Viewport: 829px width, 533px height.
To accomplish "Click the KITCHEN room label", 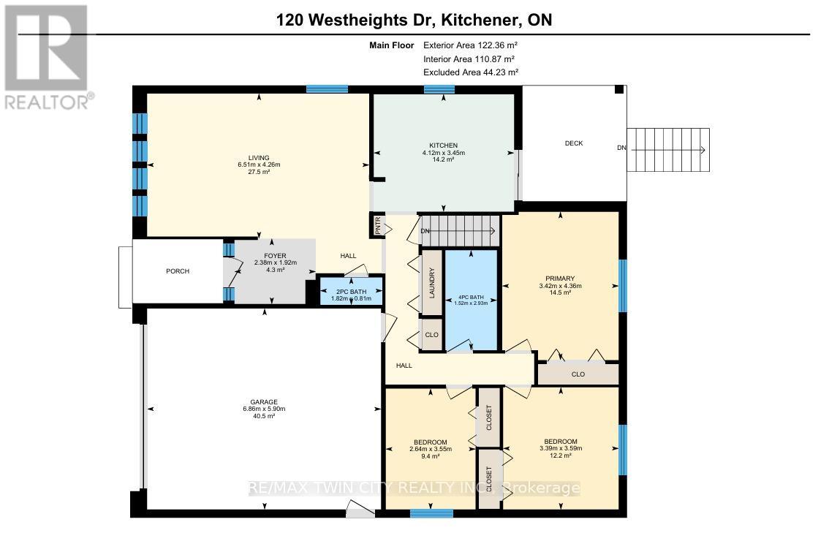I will (x=443, y=145).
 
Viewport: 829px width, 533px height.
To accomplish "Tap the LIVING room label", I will (x=258, y=158).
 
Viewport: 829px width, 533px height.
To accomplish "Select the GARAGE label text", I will (x=264, y=402).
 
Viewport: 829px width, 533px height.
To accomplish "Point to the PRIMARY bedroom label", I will (x=560, y=278).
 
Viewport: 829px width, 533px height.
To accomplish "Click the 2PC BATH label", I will (x=352, y=290).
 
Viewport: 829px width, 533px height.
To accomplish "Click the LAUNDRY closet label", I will (x=431, y=283).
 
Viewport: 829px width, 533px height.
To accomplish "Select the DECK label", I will (x=574, y=143).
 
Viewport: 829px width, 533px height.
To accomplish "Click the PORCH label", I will (x=177, y=271).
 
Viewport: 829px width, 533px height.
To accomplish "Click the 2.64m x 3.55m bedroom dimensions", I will (x=431, y=449).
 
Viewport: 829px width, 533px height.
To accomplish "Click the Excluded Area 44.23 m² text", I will (x=470, y=72).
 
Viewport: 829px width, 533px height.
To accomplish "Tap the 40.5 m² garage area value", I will (x=264, y=416).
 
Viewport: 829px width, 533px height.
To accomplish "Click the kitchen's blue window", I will (x=439, y=89).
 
